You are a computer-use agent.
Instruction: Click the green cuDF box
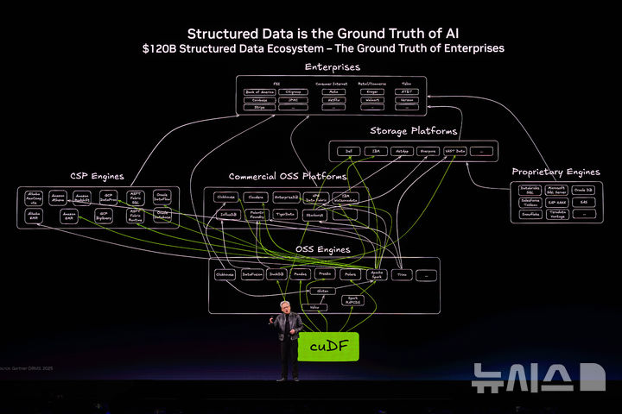coord(327,347)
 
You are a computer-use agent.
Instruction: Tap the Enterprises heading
coord(333,66)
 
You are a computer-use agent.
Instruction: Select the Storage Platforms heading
coord(414,131)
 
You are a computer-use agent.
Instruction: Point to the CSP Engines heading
coord(98,176)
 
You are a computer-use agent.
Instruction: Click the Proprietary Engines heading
coord(555,172)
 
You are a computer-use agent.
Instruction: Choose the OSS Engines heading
coord(323,249)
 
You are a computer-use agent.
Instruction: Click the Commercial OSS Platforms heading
coord(288,177)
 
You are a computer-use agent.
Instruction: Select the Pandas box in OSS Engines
coord(301,274)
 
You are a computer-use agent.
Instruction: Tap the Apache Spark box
coord(377,274)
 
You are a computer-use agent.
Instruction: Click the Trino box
coord(401,274)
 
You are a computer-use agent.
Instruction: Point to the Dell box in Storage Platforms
coord(348,151)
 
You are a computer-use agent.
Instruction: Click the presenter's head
coord(286,308)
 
